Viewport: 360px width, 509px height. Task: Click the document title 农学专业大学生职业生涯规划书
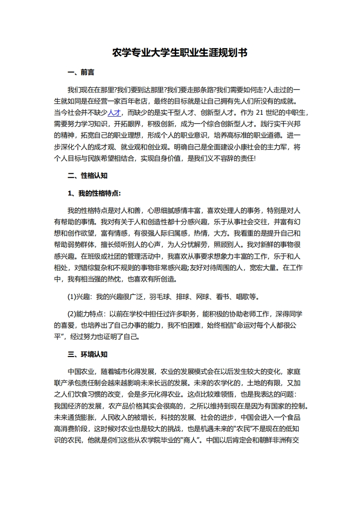(180, 53)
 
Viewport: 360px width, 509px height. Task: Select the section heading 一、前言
(81, 72)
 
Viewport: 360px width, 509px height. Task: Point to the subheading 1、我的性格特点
(94, 193)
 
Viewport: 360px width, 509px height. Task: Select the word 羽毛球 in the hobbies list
(157, 297)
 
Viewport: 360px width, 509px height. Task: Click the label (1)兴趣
(78, 297)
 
